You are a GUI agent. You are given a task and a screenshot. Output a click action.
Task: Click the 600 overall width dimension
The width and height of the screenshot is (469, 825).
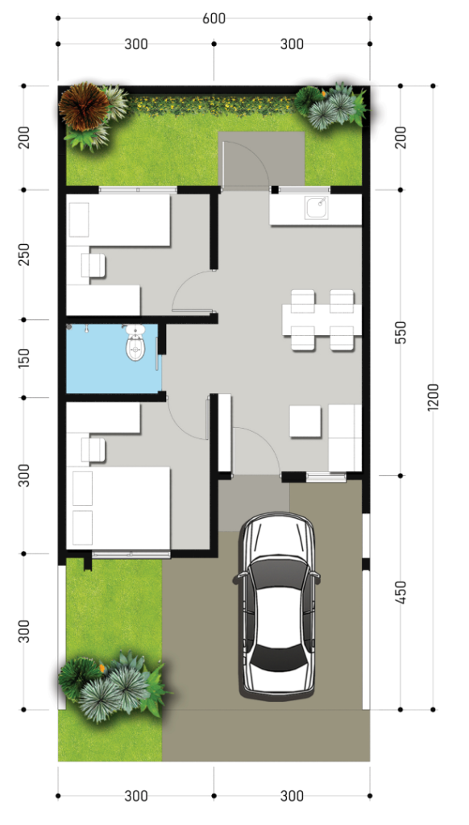(x=214, y=19)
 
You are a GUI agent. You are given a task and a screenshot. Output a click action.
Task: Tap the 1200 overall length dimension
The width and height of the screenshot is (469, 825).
(x=433, y=397)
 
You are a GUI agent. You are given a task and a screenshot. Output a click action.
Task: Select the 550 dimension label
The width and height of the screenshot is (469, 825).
(x=401, y=333)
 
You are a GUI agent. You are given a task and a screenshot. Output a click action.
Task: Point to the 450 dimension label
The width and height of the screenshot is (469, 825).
(x=401, y=592)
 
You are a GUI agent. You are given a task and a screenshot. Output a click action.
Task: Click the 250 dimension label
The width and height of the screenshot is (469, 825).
(x=23, y=254)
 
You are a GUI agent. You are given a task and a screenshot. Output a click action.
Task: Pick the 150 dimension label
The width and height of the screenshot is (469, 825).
(x=23, y=359)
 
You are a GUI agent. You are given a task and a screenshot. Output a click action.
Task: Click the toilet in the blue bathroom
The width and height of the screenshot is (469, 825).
(x=135, y=343)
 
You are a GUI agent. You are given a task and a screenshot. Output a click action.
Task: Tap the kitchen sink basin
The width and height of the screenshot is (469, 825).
(x=317, y=208)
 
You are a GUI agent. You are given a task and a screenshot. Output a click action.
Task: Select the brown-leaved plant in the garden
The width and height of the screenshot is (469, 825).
(x=84, y=106)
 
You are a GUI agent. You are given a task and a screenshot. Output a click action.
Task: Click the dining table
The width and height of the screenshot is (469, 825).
(x=322, y=320)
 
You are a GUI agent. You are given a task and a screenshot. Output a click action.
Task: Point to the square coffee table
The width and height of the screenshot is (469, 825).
(x=305, y=421)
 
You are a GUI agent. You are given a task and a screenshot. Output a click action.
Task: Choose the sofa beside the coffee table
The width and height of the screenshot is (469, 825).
(x=345, y=437)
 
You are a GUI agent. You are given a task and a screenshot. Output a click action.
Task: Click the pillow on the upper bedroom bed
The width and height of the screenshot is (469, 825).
(x=79, y=219)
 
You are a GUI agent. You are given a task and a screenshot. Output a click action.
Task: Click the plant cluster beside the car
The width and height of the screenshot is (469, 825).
(x=113, y=683)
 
